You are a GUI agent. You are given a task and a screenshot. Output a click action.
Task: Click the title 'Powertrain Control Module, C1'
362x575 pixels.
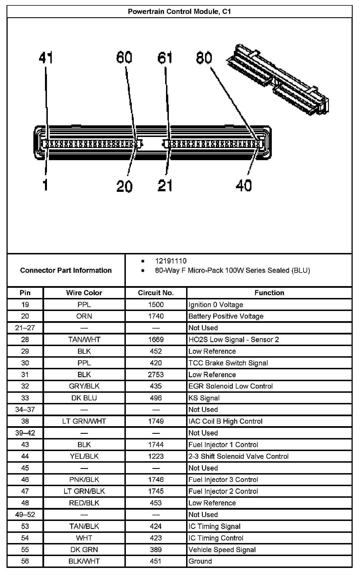pyautogui.click(x=179, y=12)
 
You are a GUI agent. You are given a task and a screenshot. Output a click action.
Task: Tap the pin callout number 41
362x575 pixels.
pyautogui.click(x=46, y=58)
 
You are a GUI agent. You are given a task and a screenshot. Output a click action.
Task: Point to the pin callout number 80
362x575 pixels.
pyautogui.click(x=204, y=58)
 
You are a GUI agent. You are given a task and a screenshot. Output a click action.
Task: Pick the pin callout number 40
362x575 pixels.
pyautogui.click(x=244, y=186)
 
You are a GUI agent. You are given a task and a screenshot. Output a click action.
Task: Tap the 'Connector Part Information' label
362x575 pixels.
pyautogui.click(x=66, y=270)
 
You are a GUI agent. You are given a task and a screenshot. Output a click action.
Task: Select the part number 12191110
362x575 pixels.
pyautogui.click(x=171, y=261)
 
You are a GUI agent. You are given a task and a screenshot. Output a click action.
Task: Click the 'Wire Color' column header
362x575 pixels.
pyautogui.click(x=84, y=293)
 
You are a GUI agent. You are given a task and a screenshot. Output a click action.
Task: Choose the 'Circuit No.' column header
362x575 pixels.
pyautogui.click(x=156, y=293)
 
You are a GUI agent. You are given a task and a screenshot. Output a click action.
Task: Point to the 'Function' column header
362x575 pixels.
pyautogui.click(x=269, y=293)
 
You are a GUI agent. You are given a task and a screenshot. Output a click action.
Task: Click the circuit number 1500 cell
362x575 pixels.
pyautogui.click(x=156, y=304)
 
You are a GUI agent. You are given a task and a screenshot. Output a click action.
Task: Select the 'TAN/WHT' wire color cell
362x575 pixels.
pyautogui.click(x=84, y=340)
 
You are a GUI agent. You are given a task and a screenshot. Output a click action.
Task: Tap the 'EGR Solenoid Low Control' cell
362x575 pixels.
pyautogui.click(x=230, y=386)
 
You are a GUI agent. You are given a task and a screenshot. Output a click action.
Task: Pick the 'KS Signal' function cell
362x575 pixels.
pyautogui.click(x=204, y=398)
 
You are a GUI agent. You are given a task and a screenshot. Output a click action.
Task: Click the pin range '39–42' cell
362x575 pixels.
pyautogui.click(x=25, y=433)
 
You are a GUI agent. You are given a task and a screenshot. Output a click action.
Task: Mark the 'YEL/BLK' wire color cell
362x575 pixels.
pyautogui.click(x=84, y=456)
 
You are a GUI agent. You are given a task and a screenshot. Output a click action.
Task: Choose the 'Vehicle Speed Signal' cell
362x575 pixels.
pyautogui.click(x=222, y=550)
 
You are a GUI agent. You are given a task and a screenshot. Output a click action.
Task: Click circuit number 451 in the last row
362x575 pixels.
pyautogui.click(x=156, y=561)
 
